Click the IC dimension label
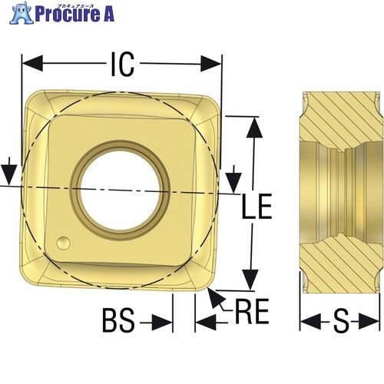click(123, 64)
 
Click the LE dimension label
click(257, 207)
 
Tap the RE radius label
click(252, 311)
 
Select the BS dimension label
click(118, 320)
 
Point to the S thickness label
click(341, 321)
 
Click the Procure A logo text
click(74, 14)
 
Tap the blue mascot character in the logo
click(21, 13)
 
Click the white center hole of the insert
click(121, 190)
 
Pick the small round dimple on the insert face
click(64, 243)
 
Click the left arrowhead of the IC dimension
click(32, 63)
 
